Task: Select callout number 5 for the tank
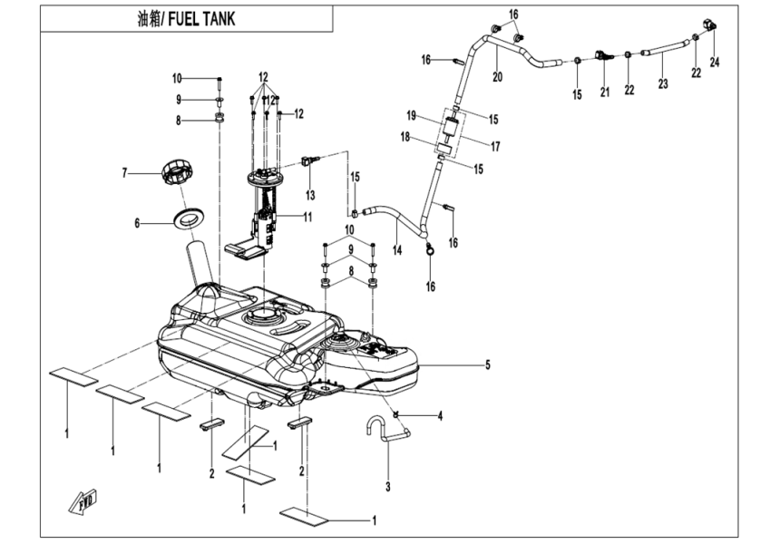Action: pyautogui.click(x=487, y=365)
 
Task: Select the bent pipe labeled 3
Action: pyautogui.click(x=385, y=431)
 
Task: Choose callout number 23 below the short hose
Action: pyautogui.click(x=662, y=83)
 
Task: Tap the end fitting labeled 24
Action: pyautogui.click(x=710, y=22)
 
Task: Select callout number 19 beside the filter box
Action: pyautogui.click(x=411, y=116)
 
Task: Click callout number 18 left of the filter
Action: pyautogui.click(x=405, y=138)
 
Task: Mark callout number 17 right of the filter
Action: pyautogui.click(x=495, y=146)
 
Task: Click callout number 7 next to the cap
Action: pyautogui.click(x=128, y=171)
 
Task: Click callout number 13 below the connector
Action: pyautogui.click(x=309, y=195)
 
